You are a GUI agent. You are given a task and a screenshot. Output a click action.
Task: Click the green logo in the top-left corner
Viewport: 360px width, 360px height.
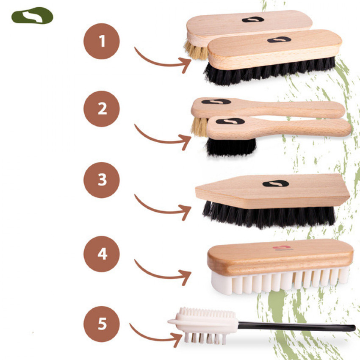32,16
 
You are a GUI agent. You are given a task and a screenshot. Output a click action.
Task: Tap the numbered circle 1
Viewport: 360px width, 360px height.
102,42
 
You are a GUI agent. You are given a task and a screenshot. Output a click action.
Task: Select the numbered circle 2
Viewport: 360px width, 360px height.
102,108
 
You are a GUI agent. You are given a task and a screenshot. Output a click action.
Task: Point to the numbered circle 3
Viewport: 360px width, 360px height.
102,180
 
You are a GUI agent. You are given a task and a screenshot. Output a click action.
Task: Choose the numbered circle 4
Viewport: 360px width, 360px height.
102,254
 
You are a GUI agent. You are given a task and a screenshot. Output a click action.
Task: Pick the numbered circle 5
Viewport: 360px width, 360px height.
102,324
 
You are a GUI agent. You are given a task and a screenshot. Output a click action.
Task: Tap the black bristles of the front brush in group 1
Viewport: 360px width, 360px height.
269,71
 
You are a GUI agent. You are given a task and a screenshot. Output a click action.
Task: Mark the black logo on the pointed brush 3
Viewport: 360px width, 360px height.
276,183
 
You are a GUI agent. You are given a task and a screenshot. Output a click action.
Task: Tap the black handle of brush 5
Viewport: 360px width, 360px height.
296,326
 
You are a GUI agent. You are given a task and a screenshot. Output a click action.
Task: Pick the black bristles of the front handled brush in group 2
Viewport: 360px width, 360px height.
231,147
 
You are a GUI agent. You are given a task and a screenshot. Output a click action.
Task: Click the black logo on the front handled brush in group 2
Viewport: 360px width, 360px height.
230,121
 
